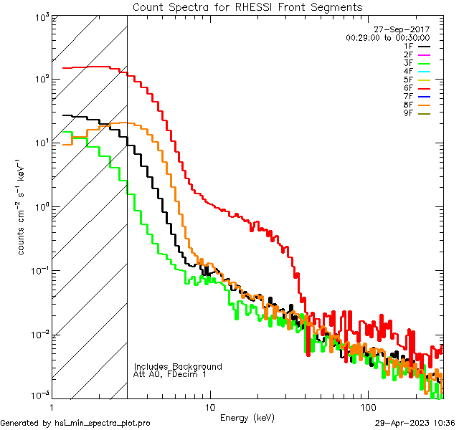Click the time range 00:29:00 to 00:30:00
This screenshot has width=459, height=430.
(x=388, y=37)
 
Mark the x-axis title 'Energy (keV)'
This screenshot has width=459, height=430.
(x=247, y=417)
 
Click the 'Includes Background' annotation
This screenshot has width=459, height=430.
(x=177, y=366)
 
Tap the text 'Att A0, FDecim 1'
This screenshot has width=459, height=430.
(x=170, y=374)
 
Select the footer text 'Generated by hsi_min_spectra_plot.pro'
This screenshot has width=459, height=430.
(x=75, y=423)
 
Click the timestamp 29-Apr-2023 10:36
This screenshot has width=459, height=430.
(x=415, y=423)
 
